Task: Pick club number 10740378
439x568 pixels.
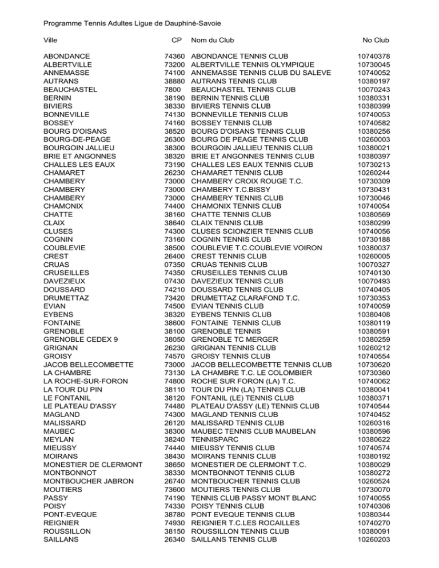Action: (373, 56)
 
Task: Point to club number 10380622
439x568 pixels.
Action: (373, 439)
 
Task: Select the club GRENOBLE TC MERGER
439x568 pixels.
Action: (236, 339)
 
